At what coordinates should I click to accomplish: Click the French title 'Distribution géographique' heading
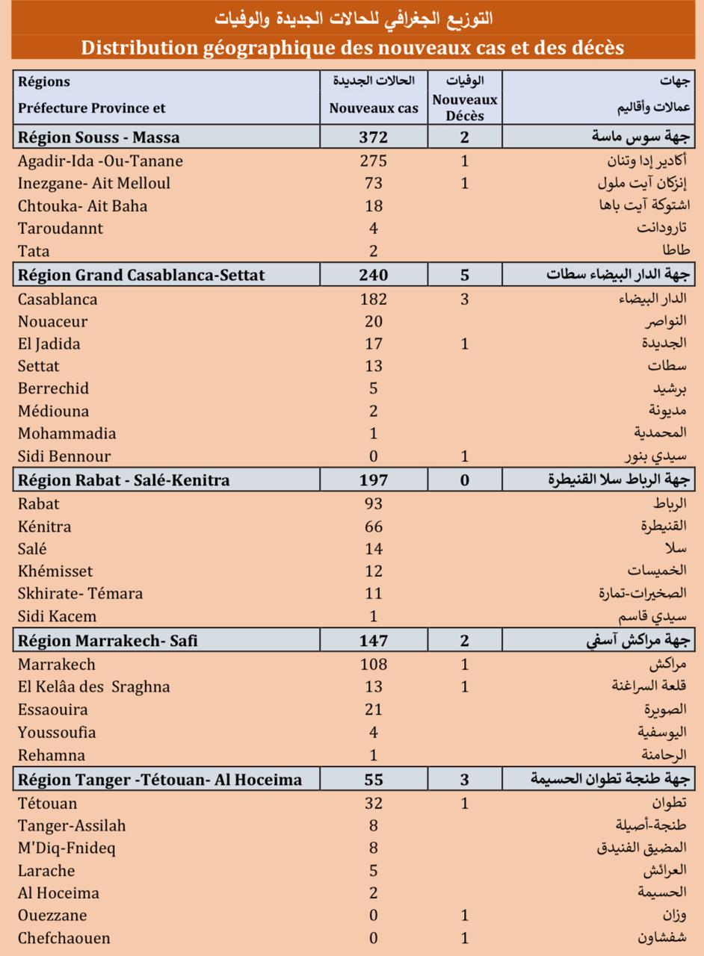click(x=352, y=48)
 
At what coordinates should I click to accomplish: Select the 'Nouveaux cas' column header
click(x=374, y=108)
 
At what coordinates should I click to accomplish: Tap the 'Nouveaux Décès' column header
click(x=465, y=108)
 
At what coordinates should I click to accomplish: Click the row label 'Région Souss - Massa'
click(x=99, y=137)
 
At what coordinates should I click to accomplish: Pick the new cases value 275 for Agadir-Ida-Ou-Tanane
click(x=374, y=161)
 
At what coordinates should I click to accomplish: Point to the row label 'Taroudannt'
click(x=61, y=229)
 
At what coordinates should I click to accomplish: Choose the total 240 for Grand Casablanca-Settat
click(x=374, y=275)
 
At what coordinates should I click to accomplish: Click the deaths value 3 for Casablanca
click(x=465, y=299)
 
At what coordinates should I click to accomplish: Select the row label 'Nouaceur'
click(x=52, y=322)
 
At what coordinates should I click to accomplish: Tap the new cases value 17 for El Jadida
click(x=374, y=344)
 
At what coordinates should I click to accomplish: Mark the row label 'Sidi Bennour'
click(x=64, y=456)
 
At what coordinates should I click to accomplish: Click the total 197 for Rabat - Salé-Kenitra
click(x=374, y=480)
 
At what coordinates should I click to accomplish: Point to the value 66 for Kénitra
click(x=374, y=527)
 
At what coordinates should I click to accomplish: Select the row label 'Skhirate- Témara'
click(x=81, y=594)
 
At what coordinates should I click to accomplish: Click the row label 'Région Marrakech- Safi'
click(x=108, y=641)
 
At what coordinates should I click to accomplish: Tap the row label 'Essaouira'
click(x=53, y=710)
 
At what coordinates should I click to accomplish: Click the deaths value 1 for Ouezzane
click(x=465, y=916)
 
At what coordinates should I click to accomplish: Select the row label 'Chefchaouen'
click(x=64, y=938)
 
